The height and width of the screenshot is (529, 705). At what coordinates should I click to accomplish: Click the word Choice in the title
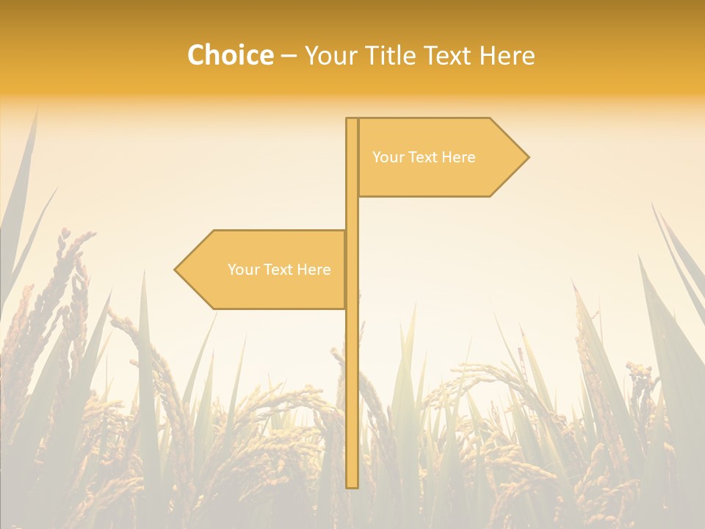230,55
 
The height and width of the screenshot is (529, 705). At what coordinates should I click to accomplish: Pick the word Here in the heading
507,55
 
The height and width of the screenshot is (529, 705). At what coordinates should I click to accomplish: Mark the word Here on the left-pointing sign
314,270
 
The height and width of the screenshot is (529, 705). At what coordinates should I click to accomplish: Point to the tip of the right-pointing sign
527,156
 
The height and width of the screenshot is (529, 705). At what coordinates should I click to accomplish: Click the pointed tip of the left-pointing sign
176,270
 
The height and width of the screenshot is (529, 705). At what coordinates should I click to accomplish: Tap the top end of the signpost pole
352,120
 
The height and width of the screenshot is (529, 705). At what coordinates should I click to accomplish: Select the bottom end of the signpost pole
352,486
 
